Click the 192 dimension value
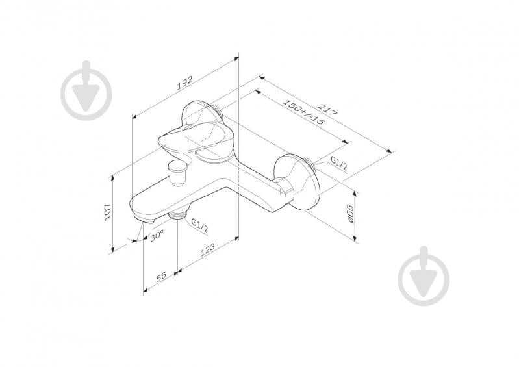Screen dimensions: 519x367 (184, 83)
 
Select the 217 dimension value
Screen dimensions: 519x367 (327, 109)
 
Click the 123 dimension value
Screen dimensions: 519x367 (208, 250)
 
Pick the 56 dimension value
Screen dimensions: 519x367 (161, 277)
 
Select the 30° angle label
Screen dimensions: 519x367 (157, 236)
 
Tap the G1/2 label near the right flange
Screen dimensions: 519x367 (339, 163)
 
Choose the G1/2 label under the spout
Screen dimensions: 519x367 (200, 225)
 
